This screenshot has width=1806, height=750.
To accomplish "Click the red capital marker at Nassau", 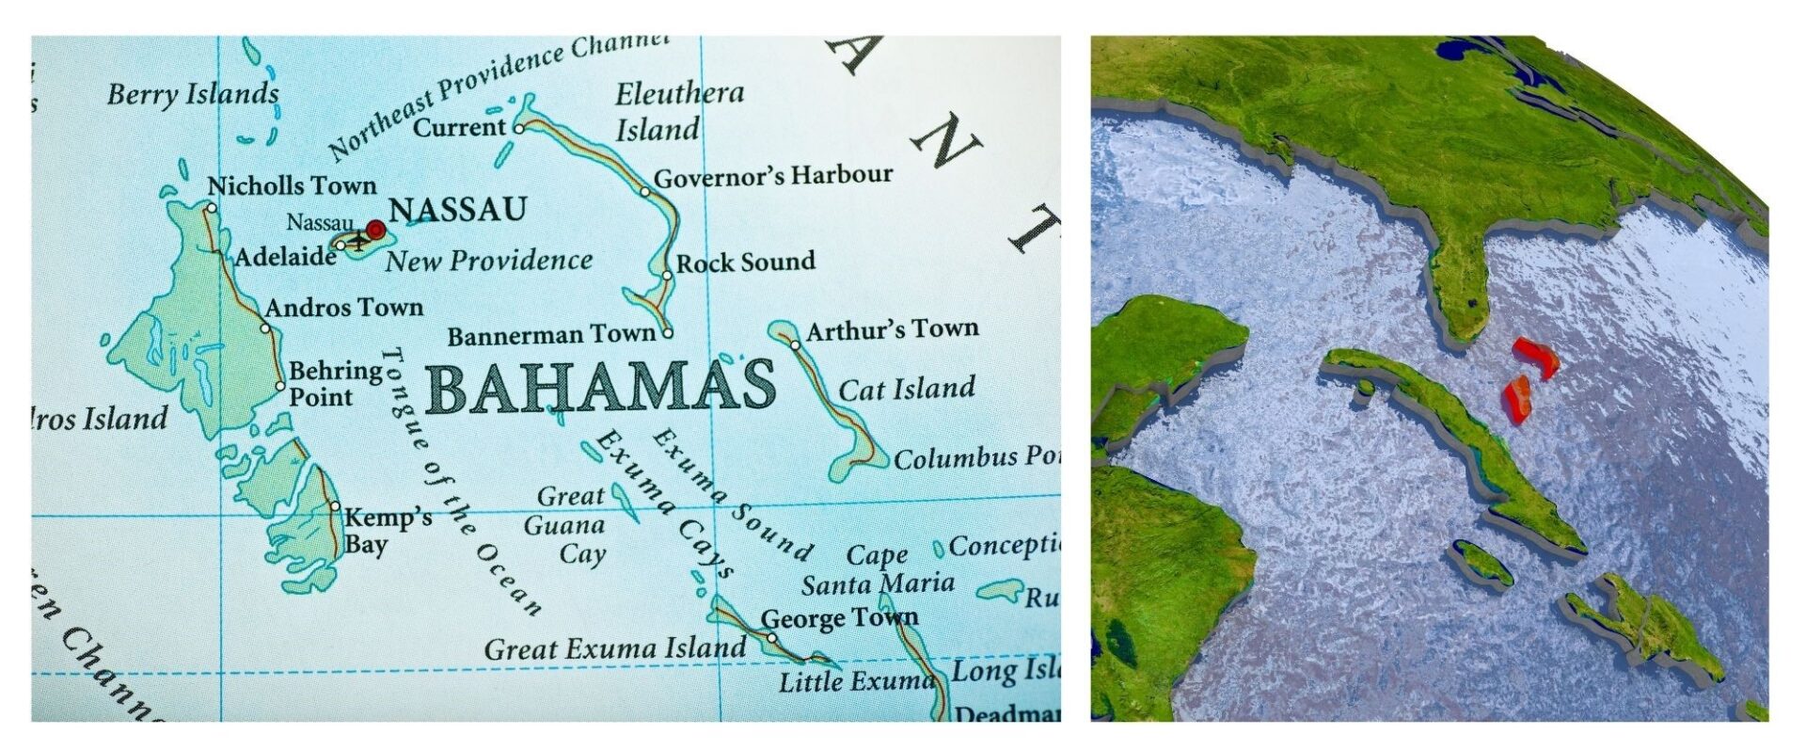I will click(x=375, y=229).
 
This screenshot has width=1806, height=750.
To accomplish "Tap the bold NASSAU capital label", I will click(x=457, y=209).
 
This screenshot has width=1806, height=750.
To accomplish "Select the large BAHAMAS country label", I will click(x=601, y=388).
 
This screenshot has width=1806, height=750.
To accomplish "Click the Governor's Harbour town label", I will click(x=772, y=176).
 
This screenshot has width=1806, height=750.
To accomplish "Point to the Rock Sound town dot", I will click(x=667, y=276).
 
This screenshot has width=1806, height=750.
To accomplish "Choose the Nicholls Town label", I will click(x=292, y=185).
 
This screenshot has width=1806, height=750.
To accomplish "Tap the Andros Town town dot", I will click(x=265, y=328).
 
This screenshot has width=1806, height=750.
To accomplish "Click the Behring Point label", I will click(x=335, y=384).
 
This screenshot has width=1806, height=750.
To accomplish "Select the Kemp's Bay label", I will click(x=387, y=531).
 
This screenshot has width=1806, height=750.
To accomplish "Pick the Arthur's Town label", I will click(x=892, y=329).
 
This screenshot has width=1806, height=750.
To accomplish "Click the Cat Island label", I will click(x=906, y=389).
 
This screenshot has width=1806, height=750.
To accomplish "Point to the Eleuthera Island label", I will click(x=678, y=111).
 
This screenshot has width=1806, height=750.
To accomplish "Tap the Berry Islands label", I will click(x=193, y=94).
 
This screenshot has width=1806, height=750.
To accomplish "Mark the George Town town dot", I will click(x=771, y=637).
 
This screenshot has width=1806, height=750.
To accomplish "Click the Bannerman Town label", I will click(x=550, y=336).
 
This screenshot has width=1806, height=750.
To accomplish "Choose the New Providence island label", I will click(x=488, y=261).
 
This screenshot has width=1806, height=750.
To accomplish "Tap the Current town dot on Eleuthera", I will click(x=518, y=127).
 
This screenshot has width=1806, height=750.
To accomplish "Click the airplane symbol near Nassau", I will click(x=357, y=242).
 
